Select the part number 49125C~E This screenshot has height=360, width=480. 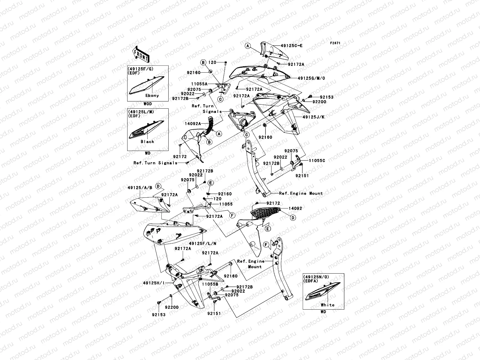click(x=292, y=46)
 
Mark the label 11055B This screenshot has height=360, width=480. click(x=210, y=283)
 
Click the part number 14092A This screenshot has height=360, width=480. click(x=193, y=123)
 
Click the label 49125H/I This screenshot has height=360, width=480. click(x=154, y=283)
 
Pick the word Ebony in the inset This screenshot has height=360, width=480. click(x=152, y=95)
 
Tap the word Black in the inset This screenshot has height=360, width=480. click(x=147, y=142)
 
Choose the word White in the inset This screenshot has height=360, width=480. click(x=327, y=305)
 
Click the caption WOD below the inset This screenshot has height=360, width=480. click(x=147, y=104)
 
